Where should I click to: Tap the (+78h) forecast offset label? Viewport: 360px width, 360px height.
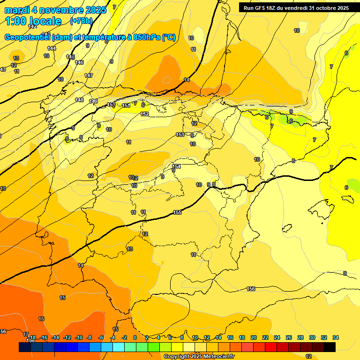81,21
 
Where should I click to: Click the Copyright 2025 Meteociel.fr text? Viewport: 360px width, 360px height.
199,356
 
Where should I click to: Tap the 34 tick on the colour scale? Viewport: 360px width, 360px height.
335,337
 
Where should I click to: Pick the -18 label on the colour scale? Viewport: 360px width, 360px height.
32,337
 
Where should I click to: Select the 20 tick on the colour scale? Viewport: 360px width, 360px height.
254,337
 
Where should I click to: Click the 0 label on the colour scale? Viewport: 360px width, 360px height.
135,337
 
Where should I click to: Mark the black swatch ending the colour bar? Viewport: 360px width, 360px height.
330,347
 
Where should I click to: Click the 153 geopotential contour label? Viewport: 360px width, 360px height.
180,135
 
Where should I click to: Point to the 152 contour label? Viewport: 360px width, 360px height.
145,114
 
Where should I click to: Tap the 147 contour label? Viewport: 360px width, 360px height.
89,75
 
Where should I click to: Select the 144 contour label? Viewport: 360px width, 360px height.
52,48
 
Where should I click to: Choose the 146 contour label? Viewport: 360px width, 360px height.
79,62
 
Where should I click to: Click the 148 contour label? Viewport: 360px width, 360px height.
79,100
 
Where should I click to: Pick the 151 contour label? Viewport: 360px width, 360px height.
126,105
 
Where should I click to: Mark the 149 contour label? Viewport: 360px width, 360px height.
93,101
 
